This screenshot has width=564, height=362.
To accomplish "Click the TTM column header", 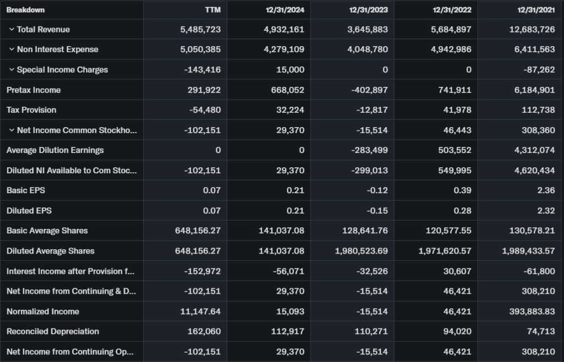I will [x=213, y=10].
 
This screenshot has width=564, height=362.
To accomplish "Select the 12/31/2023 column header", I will [x=368, y=10].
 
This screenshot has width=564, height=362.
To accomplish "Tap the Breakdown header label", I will [x=26, y=10].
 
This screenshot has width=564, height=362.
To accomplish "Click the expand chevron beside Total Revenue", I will [x=12, y=29].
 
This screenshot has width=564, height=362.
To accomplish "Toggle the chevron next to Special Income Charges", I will [x=12, y=70].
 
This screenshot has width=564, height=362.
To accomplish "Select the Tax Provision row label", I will [x=31, y=110].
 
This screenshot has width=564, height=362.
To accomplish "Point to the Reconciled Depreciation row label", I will [x=53, y=331].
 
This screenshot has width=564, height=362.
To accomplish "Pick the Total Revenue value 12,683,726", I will [x=532, y=29].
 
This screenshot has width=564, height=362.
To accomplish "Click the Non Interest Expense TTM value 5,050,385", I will [x=200, y=50].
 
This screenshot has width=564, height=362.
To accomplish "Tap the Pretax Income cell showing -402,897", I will [x=370, y=90].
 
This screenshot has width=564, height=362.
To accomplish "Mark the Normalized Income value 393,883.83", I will [x=528, y=311].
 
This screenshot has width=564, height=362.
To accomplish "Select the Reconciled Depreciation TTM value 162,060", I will [x=204, y=331].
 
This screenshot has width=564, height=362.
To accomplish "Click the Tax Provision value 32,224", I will [x=290, y=110].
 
